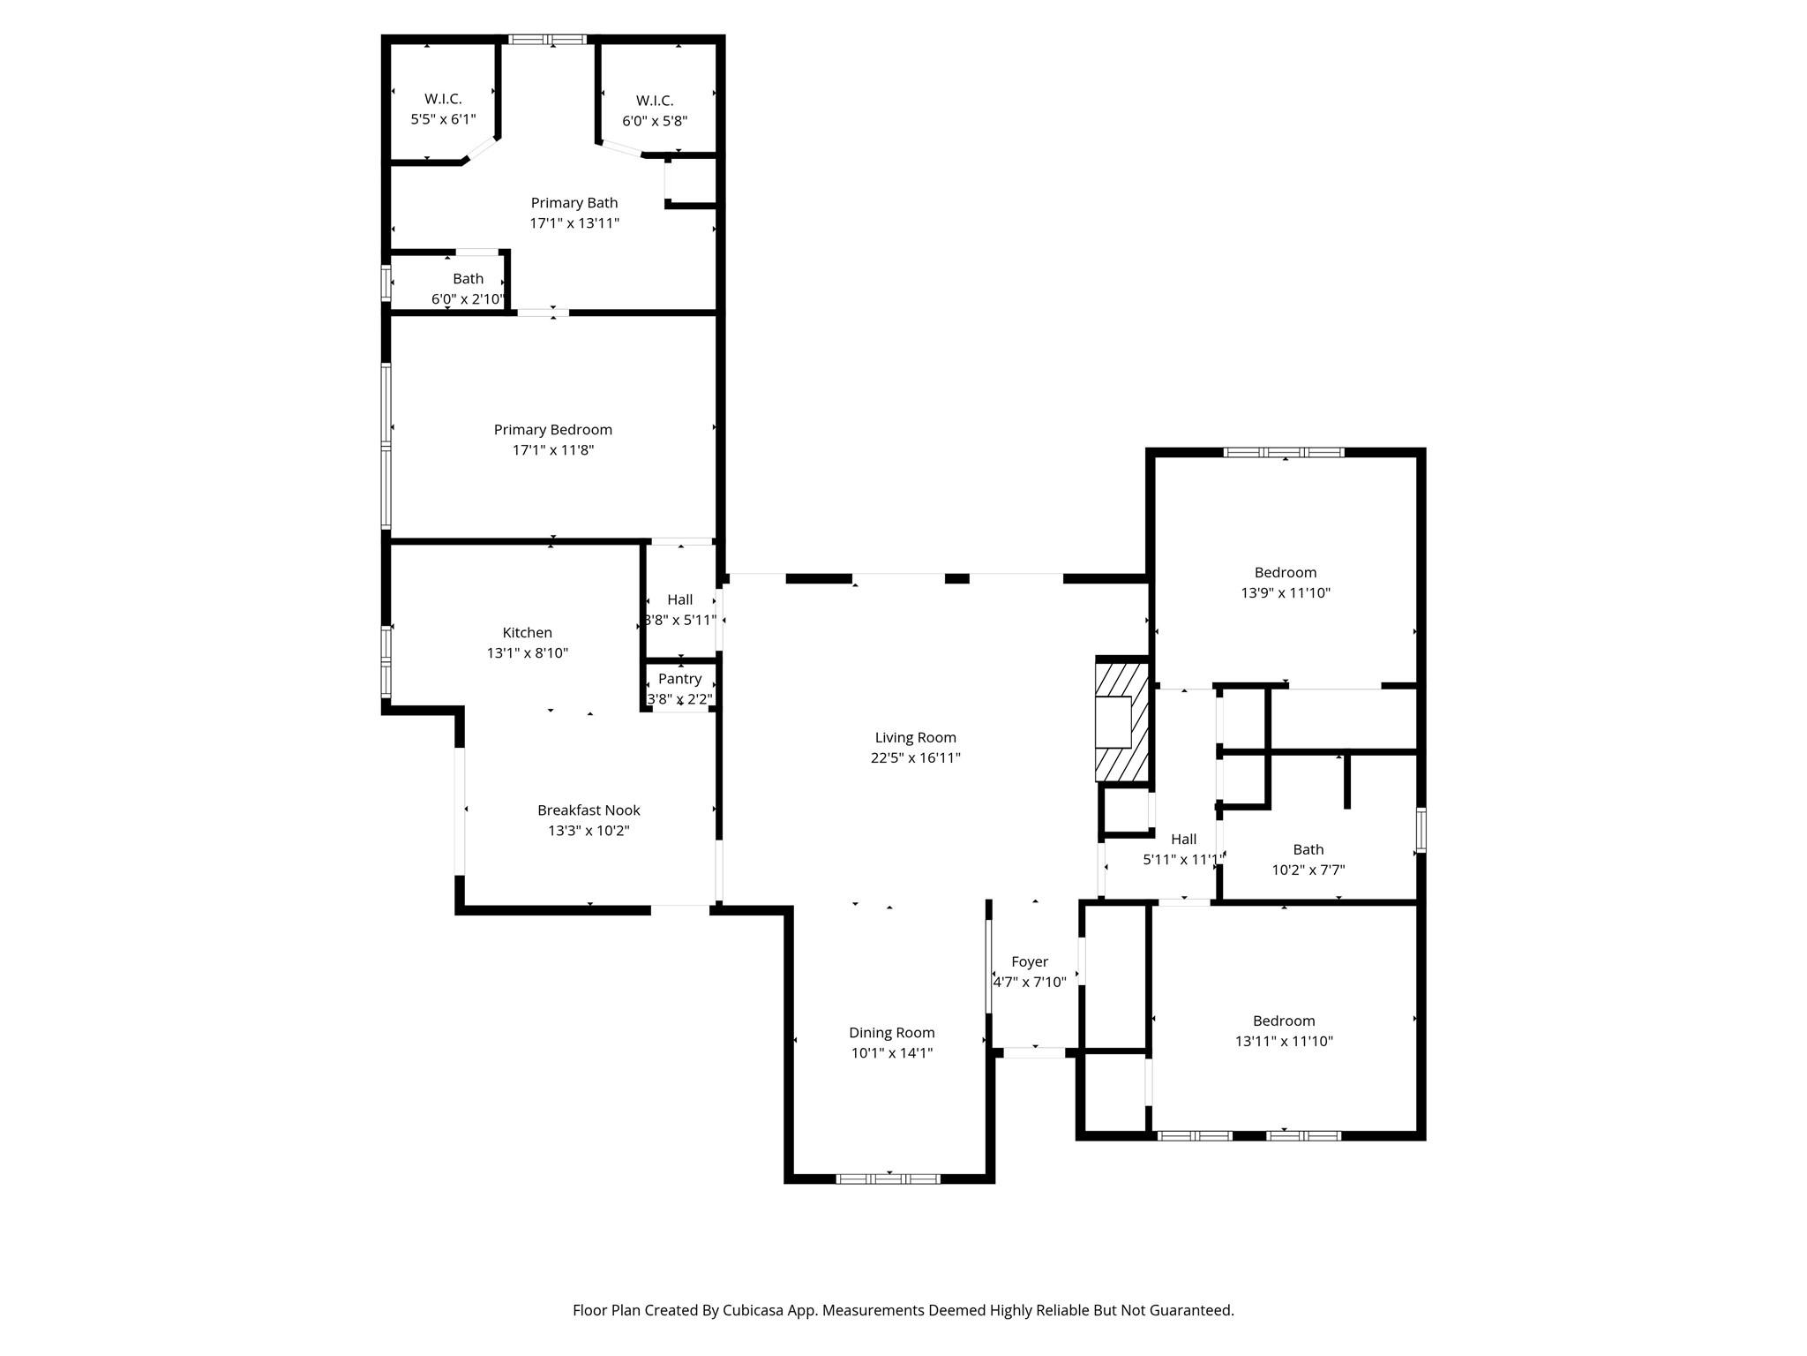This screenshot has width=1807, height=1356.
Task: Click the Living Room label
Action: click(915, 737)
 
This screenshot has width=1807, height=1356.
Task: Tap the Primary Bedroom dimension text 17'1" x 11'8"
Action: click(552, 450)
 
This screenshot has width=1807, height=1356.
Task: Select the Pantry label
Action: click(679, 679)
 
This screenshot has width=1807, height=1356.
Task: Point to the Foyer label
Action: click(1030, 962)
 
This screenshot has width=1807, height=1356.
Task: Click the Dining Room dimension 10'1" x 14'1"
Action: click(891, 1053)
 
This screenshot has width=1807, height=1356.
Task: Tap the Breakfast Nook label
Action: click(589, 810)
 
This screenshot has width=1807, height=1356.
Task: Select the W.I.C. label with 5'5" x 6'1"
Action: click(443, 99)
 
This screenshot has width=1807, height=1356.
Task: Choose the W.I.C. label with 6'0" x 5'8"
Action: click(655, 102)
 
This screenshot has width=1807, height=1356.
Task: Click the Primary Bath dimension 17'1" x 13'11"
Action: click(574, 223)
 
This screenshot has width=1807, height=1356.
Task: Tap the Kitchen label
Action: click(527, 633)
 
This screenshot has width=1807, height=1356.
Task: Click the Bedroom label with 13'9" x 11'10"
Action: click(1285, 573)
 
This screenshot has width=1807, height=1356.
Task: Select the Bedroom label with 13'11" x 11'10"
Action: click(1283, 1021)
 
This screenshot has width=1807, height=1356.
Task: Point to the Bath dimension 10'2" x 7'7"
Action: click(1308, 870)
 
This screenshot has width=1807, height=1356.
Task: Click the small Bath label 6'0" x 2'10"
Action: click(468, 279)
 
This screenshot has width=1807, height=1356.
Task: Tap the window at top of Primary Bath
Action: click(547, 40)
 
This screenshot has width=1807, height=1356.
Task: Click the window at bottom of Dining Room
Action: click(888, 1179)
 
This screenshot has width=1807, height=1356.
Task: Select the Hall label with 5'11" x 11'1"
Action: click(1183, 840)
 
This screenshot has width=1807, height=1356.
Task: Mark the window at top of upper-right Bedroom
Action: click(1284, 453)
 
